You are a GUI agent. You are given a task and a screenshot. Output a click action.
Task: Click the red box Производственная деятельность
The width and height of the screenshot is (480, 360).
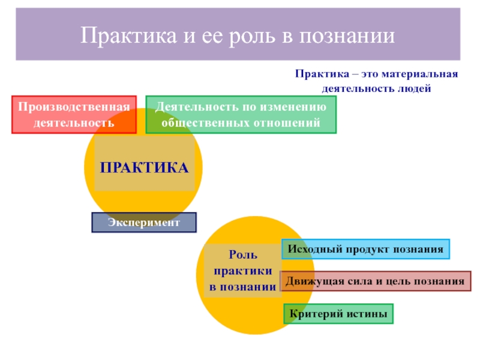click(x=74, y=115)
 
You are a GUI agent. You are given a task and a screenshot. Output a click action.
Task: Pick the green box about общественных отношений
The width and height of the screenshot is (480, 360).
click(x=241, y=115)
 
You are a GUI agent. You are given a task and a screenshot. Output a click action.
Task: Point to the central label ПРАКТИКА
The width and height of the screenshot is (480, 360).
click(x=144, y=168)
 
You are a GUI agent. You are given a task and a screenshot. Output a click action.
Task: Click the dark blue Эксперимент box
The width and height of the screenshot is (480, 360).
click(x=144, y=223)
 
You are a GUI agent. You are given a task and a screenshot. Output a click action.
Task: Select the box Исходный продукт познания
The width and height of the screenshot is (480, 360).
click(x=365, y=249)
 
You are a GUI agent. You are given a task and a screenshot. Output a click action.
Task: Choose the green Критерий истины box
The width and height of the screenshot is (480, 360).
click(x=338, y=314)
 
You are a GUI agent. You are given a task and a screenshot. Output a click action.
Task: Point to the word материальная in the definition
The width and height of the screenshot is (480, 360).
click(x=427, y=74)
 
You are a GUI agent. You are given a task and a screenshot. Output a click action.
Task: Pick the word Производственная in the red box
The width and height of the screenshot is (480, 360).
click(x=74, y=107)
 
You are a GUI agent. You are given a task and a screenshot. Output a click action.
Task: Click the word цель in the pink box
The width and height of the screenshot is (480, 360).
click(x=397, y=281)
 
